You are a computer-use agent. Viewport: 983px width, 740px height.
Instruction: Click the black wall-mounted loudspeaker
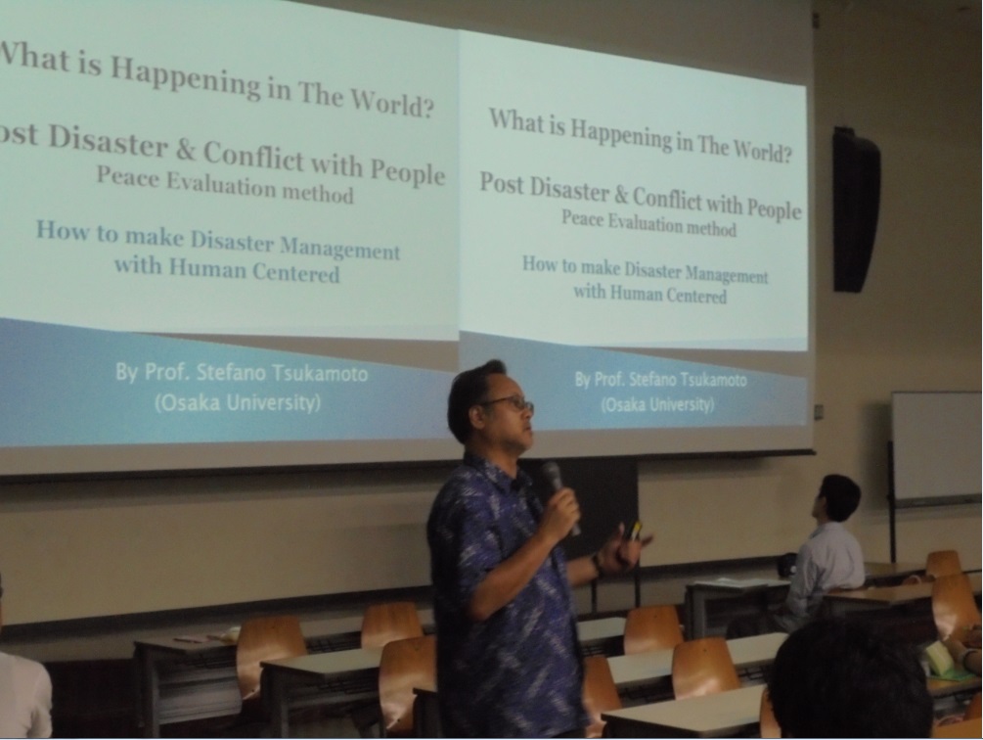[x=855, y=209]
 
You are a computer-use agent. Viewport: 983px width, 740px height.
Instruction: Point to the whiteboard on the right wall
[x=937, y=447]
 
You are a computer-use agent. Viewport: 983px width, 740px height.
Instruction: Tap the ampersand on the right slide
[x=621, y=195]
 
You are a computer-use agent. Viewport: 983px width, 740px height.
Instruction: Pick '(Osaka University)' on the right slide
[x=657, y=404]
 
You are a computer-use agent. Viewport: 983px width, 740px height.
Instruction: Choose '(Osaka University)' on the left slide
[x=238, y=402]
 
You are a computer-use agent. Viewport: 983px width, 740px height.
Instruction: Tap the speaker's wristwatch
[x=597, y=563]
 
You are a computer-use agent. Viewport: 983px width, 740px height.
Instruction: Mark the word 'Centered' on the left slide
[x=296, y=273]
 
